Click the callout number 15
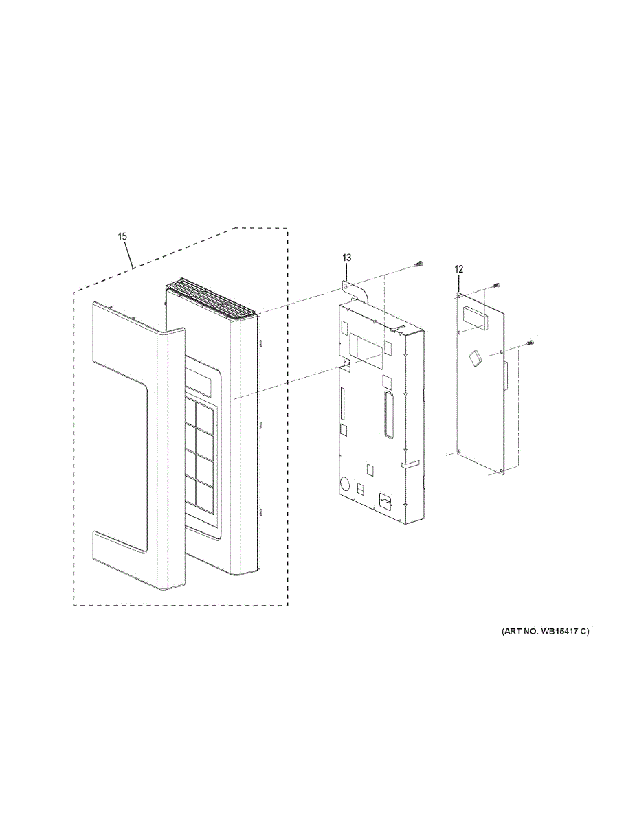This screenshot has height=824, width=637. point(122,236)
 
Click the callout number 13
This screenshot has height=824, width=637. point(346,257)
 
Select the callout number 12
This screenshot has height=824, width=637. point(459,269)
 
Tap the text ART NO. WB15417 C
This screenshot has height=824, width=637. point(545,631)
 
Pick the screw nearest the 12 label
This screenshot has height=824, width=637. point(496,285)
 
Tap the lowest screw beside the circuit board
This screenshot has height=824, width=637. point(530,343)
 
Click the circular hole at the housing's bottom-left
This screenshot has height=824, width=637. point(346,482)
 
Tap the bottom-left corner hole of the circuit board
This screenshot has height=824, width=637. point(458,452)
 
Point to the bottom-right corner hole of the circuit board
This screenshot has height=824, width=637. point(502,472)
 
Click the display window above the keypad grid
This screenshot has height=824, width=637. point(200,380)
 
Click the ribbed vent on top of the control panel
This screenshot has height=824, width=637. point(213,299)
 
